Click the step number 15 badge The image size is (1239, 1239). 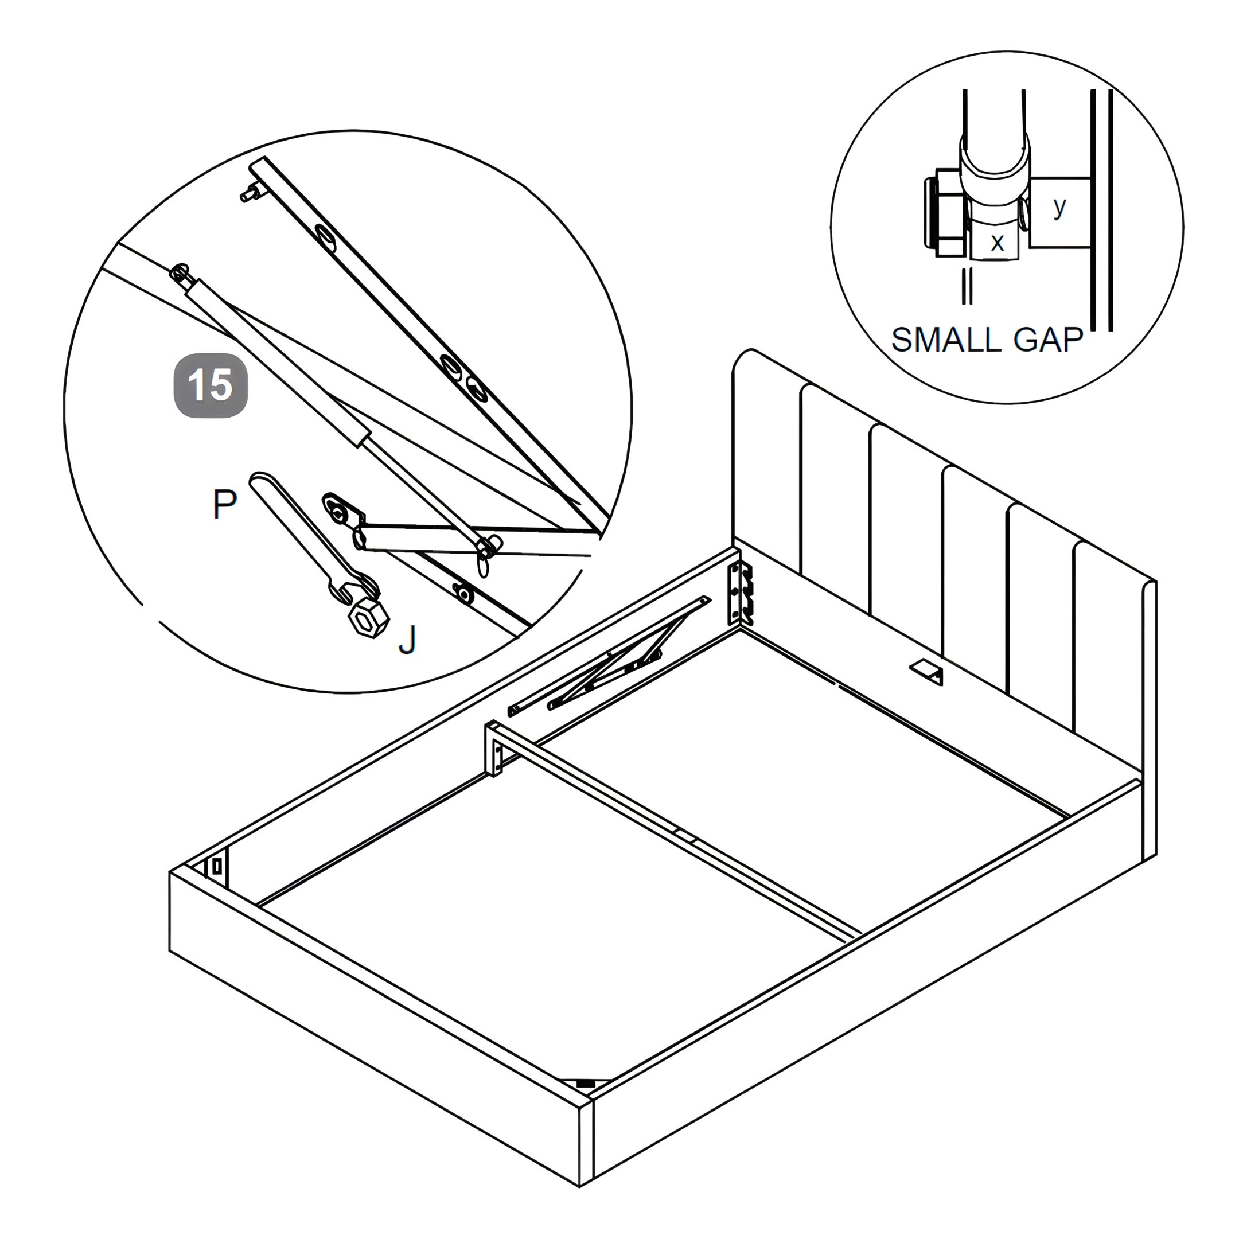click(x=211, y=385)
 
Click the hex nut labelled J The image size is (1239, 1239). click(x=368, y=618)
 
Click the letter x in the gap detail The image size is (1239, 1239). click(x=998, y=243)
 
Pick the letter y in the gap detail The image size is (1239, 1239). click(x=1059, y=206)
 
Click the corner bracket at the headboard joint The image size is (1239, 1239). click(x=740, y=593)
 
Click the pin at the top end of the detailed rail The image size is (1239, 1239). click(x=252, y=192)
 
